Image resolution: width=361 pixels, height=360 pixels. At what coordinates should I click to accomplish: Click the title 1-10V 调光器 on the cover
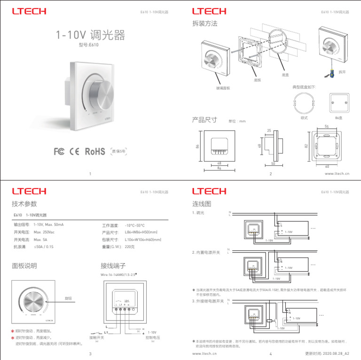[90, 35]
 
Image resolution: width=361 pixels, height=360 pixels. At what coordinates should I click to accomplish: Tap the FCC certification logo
[59, 151]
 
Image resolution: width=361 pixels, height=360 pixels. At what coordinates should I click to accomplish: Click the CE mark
[74, 151]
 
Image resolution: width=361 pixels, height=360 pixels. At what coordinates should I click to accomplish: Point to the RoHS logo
[94, 151]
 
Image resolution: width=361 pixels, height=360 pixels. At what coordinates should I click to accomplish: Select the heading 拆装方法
[204, 23]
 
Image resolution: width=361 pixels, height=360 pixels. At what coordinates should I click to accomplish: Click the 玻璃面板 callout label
[223, 88]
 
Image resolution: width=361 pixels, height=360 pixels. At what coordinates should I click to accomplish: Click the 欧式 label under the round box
[304, 118]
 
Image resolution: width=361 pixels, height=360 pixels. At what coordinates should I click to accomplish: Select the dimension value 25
[269, 130]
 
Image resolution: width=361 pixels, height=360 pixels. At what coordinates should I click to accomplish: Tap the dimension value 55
[326, 127]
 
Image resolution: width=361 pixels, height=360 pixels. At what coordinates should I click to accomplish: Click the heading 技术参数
[24, 204]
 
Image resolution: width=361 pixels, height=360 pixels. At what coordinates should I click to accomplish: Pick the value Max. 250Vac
[44, 233]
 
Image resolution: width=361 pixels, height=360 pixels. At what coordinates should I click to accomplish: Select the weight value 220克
[130, 247]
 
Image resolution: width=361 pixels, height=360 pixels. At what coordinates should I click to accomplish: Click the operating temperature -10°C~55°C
[135, 225]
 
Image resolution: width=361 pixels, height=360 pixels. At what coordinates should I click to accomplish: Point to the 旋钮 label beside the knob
[68, 298]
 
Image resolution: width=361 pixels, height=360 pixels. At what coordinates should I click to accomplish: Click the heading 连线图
[202, 204]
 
